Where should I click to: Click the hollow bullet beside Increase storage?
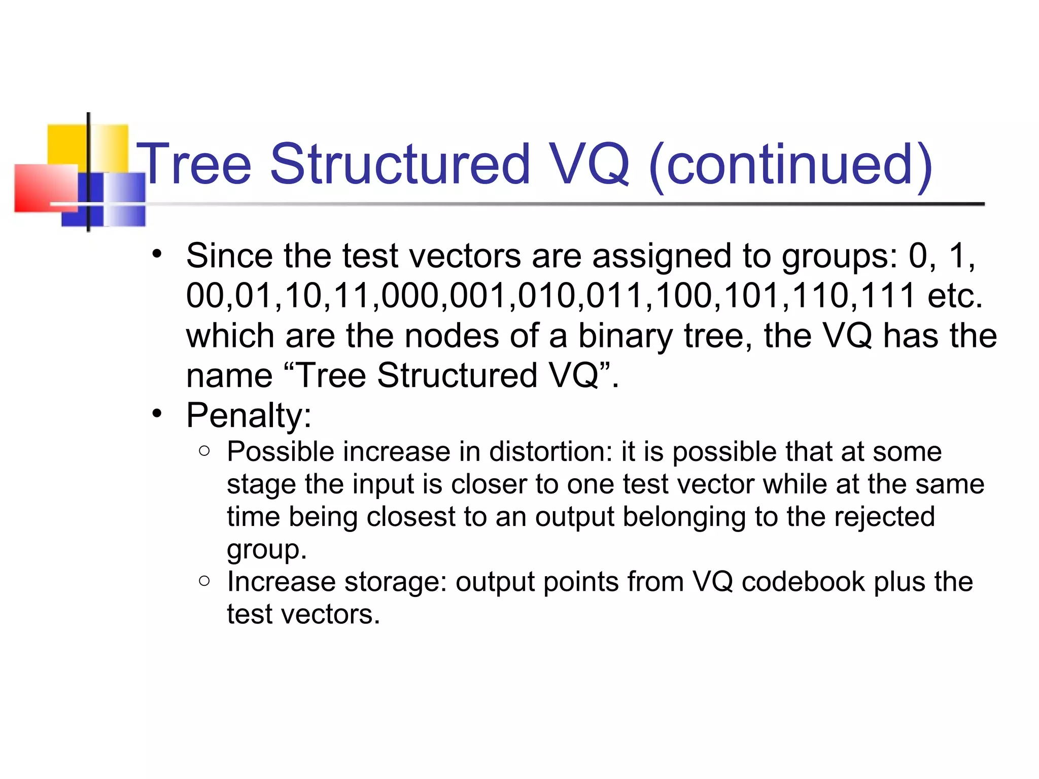204,580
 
